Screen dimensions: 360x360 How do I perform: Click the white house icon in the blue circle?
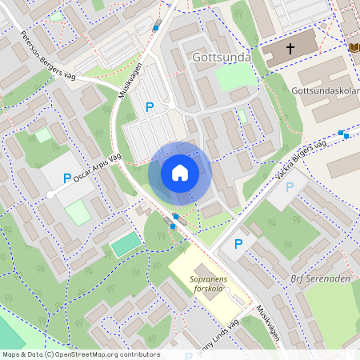(179, 173)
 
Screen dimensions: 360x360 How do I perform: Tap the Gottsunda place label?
(222, 58)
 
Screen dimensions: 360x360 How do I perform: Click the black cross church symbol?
(290, 50)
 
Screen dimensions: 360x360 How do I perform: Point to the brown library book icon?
(354, 47)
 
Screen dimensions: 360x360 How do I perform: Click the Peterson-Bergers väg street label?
(46, 51)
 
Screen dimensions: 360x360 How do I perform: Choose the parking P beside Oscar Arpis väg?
(67, 178)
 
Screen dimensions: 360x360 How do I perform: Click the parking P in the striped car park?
(149, 107)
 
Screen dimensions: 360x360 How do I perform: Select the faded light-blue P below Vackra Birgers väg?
(290, 186)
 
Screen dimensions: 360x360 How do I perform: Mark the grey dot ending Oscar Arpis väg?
(50, 194)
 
